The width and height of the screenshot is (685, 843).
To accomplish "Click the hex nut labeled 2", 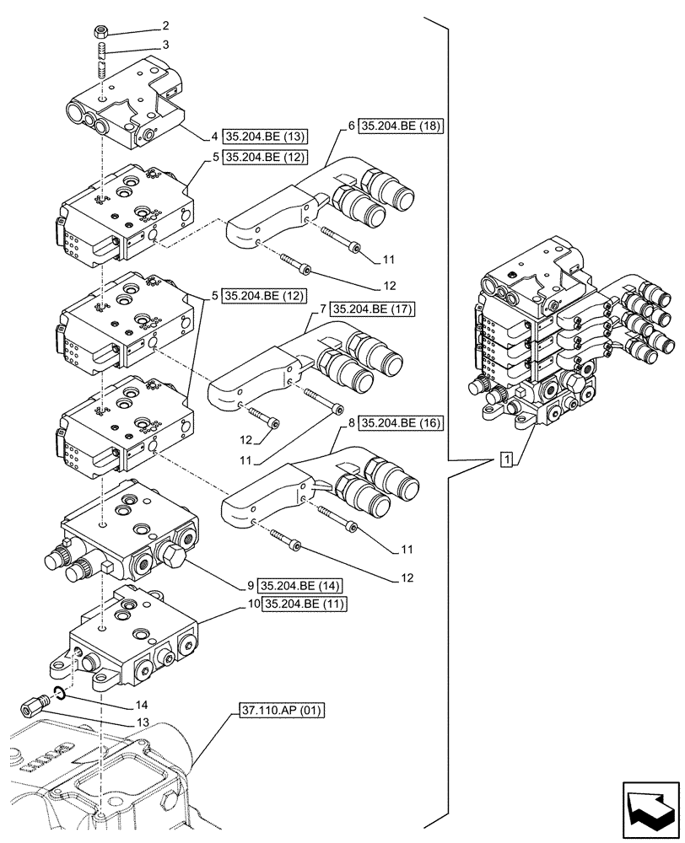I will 100,33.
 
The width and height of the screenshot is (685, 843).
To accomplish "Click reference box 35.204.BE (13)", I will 263,135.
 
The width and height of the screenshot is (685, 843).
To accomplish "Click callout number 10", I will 254,604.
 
